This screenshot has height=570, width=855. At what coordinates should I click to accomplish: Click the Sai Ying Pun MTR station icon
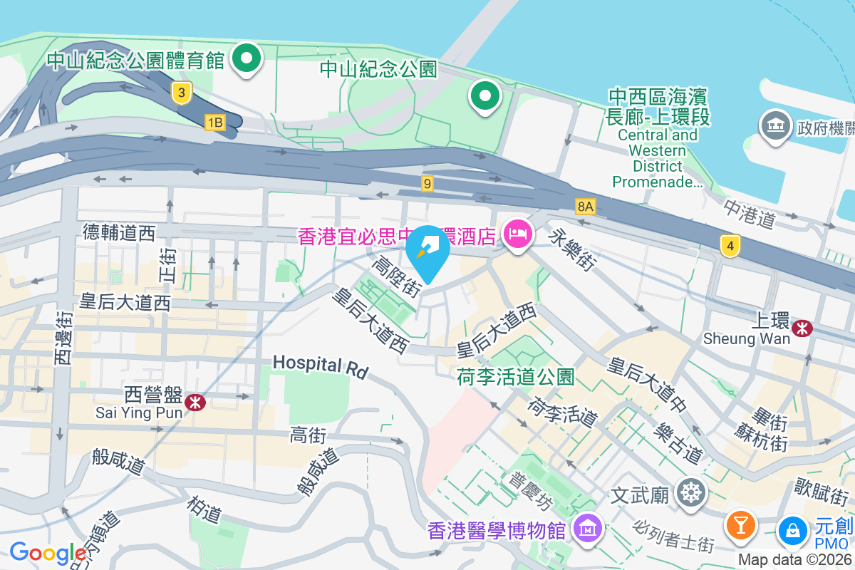tap(195, 403)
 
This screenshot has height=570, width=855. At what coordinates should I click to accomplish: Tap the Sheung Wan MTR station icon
tap(804, 328)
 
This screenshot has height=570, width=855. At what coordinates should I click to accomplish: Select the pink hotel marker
tap(518, 234)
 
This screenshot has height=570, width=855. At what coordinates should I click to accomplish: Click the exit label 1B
tap(214, 123)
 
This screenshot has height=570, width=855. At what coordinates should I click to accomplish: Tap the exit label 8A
tap(586, 207)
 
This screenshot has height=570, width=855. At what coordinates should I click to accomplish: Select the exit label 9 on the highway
tap(427, 184)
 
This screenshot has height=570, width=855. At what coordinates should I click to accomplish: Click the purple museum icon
tap(590, 529)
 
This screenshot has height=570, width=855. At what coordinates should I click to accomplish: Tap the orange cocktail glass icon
tap(740, 525)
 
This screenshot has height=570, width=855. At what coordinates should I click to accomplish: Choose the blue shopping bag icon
tap(792, 529)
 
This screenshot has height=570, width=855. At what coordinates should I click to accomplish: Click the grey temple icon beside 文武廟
tap(691, 493)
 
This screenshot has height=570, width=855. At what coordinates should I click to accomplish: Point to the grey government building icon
tap(774, 127)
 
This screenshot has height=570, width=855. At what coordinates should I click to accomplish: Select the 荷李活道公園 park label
tap(516, 376)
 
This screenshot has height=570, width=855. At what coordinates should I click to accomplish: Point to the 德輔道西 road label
tap(119, 232)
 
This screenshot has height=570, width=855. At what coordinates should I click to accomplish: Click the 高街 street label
tap(308, 434)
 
